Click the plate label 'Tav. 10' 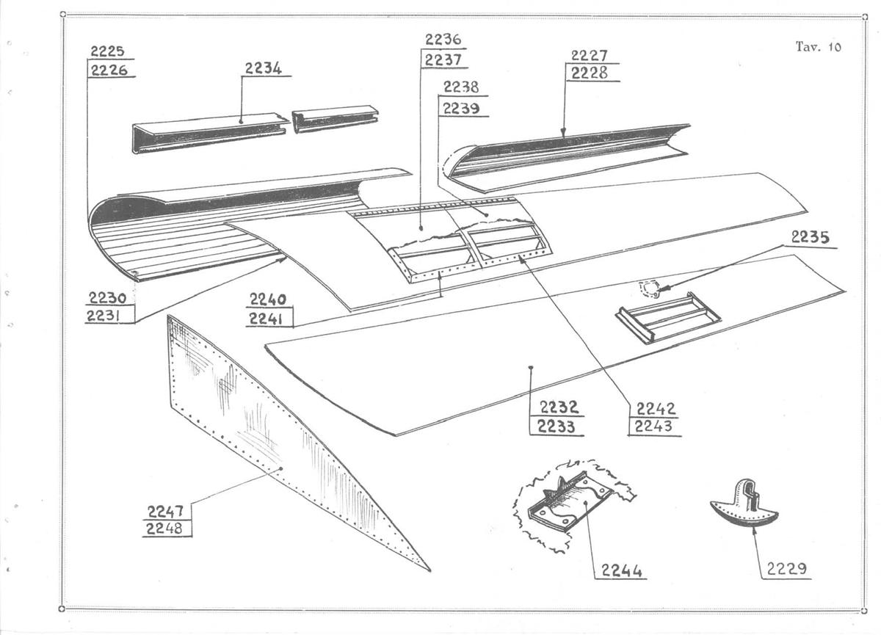coord(819,47)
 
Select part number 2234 coord(264,68)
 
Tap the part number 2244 coord(621,570)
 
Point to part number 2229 coord(786,568)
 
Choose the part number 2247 coord(165,512)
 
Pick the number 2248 coord(164,529)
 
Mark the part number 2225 coord(107,51)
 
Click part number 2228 coord(589,73)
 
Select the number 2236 coord(443,40)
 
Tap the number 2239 coord(461,108)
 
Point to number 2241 coord(267,319)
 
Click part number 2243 coord(653,427)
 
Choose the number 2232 coord(559,407)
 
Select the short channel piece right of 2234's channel coord(335,118)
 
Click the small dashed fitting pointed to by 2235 coord(648,289)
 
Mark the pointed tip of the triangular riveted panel coord(430,570)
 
